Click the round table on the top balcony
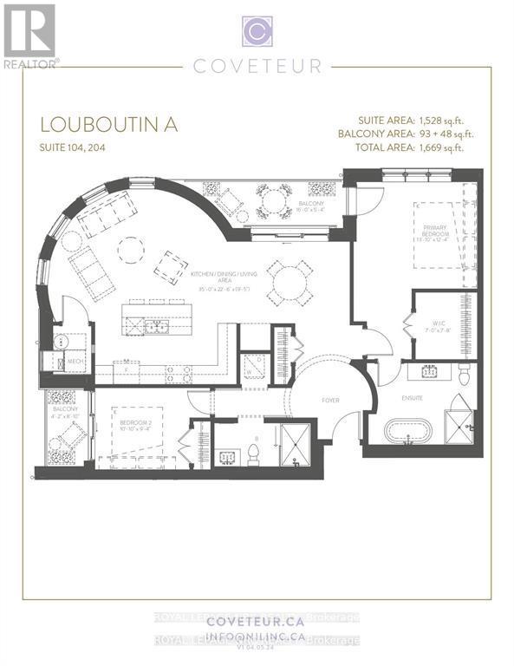point(273,201)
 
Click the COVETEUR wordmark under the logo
point(257,66)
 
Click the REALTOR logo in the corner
point(30,36)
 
